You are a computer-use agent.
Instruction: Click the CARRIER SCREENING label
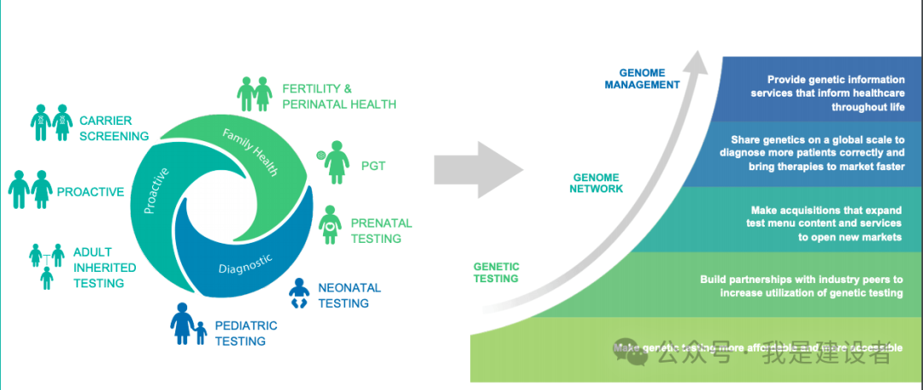click(114, 127)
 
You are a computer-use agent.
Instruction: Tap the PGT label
click(373, 166)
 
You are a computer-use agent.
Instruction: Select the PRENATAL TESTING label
click(381, 230)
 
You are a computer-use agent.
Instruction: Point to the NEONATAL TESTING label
click(349, 295)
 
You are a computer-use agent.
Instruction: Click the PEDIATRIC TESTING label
click(246, 333)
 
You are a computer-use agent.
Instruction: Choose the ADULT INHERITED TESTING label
click(98, 268)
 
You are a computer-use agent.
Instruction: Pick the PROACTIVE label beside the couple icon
click(91, 192)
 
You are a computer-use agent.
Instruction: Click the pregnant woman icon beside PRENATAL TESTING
click(331, 224)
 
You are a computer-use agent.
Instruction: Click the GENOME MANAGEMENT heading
click(642, 79)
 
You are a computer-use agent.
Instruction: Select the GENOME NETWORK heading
click(597, 183)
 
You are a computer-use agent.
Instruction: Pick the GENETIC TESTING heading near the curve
click(496, 272)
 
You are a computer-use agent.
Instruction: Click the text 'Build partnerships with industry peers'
click(801, 280)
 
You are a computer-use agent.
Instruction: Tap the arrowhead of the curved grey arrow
click(700, 62)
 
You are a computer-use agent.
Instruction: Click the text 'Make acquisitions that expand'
click(825, 210)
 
